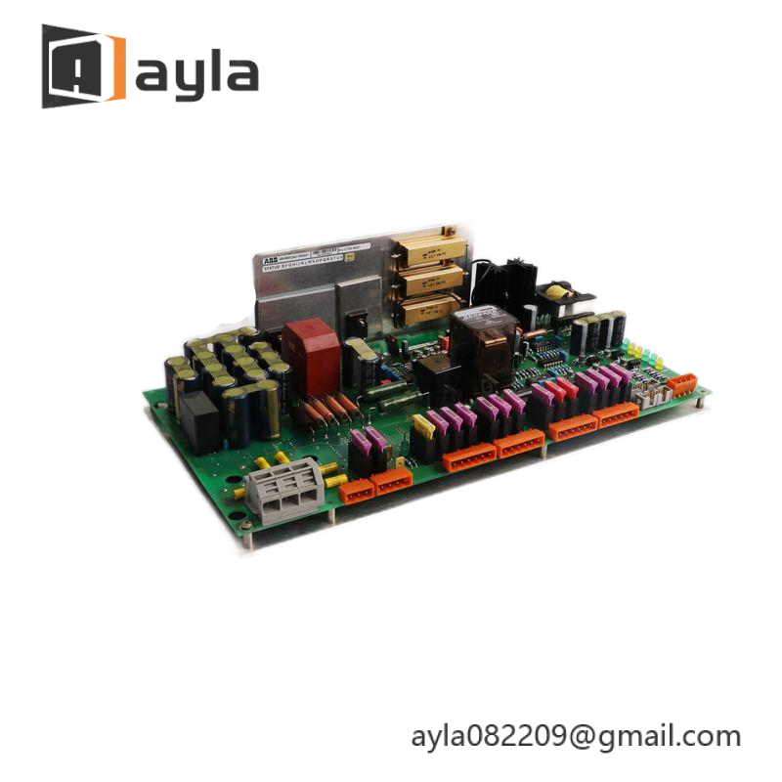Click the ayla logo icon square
(x=83, y=66)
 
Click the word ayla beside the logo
(x=196, y=73)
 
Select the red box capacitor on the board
(x=310, y=348)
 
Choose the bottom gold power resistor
(x=426, y=310)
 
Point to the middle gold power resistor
(x=426, y=281)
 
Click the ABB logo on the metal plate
(x=269, y=260)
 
